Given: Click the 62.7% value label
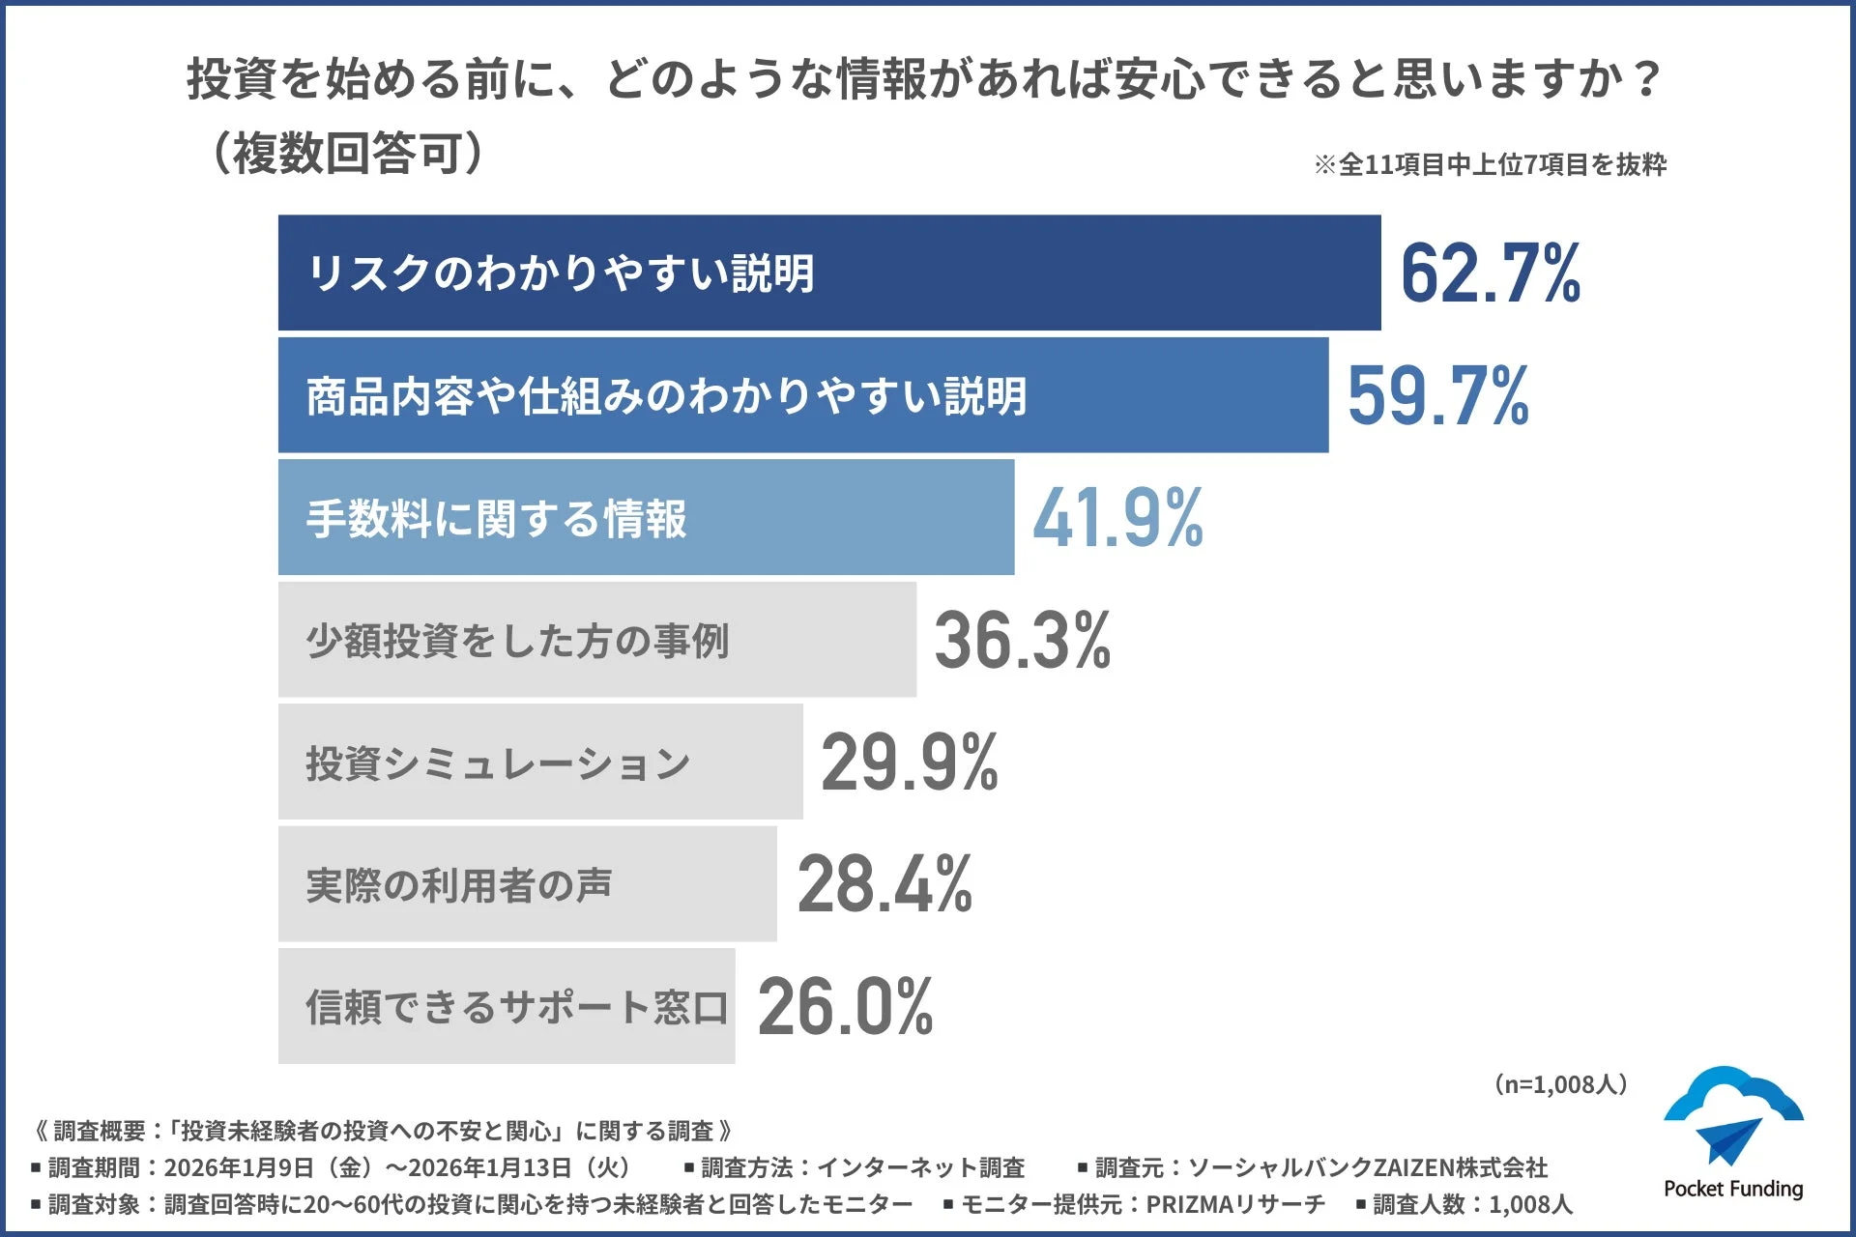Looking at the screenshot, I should (x=1490, y=273).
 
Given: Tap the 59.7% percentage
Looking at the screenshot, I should (x=1437, y=395).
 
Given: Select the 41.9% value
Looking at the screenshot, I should (x=1117, y=518).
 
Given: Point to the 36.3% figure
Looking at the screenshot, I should (x=1022, y=640).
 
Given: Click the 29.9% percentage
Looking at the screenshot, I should (x=909, y=762).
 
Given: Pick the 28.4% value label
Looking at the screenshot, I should (x=884, y=884).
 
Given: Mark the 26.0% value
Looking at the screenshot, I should (x=845, y=1007).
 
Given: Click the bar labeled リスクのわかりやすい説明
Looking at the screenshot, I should (x=828, y=273).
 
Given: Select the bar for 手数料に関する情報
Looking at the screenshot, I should (x=645, y=517).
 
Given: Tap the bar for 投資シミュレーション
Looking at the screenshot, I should (x=539, y=762).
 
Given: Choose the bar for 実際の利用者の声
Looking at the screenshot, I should (x=527, y=883).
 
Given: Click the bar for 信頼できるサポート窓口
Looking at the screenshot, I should (x=506, y=1006).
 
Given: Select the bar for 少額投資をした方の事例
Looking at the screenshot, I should (x=596, y=639).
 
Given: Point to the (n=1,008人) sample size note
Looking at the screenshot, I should (x=1560, y=1084).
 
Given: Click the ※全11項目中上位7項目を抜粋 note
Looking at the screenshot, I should (x=1490, y=165).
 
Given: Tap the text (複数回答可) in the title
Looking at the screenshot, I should (x=346, y=153).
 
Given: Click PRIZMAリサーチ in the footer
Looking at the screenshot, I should (x=1234, y=1204).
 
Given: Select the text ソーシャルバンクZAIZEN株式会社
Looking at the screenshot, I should (x=1367, y=1167).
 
